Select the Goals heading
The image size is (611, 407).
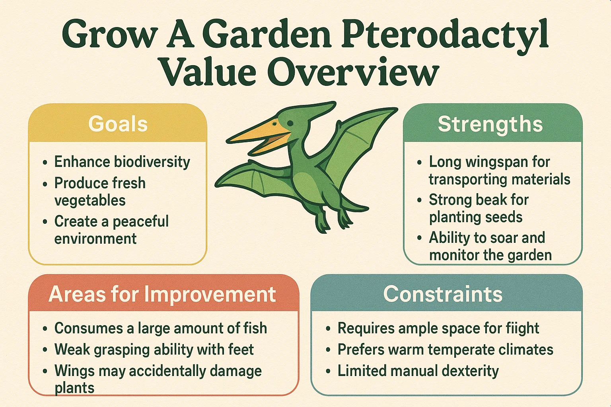click(x=118, y=124)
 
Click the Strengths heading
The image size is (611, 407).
click(x=490, y=124)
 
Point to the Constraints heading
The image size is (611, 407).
click(x=443, y=294)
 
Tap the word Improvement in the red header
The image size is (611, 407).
click(x=210, y=294)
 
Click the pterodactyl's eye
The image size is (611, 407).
click(x=290, y=123)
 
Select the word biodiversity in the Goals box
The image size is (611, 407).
click(x=152, y=162)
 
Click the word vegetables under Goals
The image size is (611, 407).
click(x=90, y=201)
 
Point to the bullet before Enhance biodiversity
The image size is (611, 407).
click(x=45, y=163)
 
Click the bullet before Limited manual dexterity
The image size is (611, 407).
click(x=328, y=371)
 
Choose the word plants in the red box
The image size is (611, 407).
click(x=74, y=388)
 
